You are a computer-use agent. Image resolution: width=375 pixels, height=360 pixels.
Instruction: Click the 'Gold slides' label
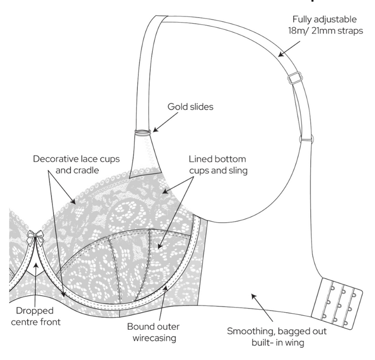(x=190, y=107)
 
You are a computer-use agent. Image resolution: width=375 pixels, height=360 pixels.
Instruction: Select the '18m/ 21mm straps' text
(x=324, y=31)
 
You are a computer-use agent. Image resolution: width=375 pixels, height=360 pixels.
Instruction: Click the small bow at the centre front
(x=35, y=238)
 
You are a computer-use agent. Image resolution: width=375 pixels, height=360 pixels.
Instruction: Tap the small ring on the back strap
(x=305, y=138)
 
